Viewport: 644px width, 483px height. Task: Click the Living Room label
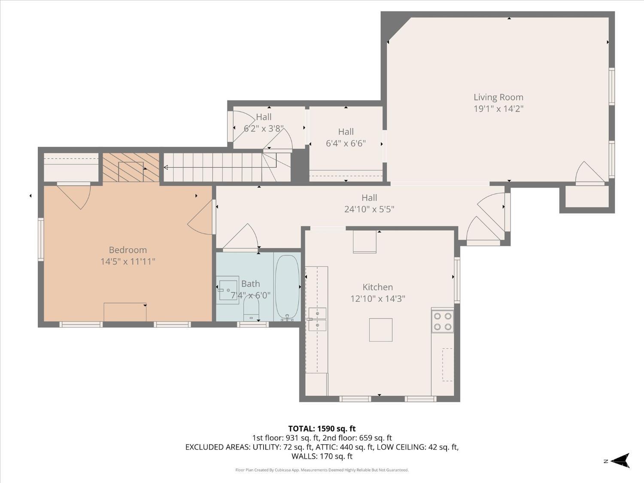[498, 97]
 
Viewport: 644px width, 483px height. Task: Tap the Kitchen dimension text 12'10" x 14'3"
[377, 298]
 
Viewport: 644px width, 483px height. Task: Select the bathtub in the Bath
[287, 287]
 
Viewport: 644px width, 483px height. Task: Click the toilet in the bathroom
[251, 310]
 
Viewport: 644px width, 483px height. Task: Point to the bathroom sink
[228, 290]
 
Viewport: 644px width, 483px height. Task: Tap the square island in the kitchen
[380, 330]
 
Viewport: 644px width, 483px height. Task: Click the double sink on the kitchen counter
[317, 319]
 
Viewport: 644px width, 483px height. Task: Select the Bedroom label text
[128, 250]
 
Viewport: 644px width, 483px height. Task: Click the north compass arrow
[620, 461]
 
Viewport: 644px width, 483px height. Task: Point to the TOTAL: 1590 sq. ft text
[322, 429]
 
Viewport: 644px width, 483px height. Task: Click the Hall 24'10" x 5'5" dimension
[369, 209]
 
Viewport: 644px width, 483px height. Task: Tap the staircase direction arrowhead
[166, 167]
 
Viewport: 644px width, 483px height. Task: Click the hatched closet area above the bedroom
[131, 167]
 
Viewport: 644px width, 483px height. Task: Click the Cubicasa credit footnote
[322, 470]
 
